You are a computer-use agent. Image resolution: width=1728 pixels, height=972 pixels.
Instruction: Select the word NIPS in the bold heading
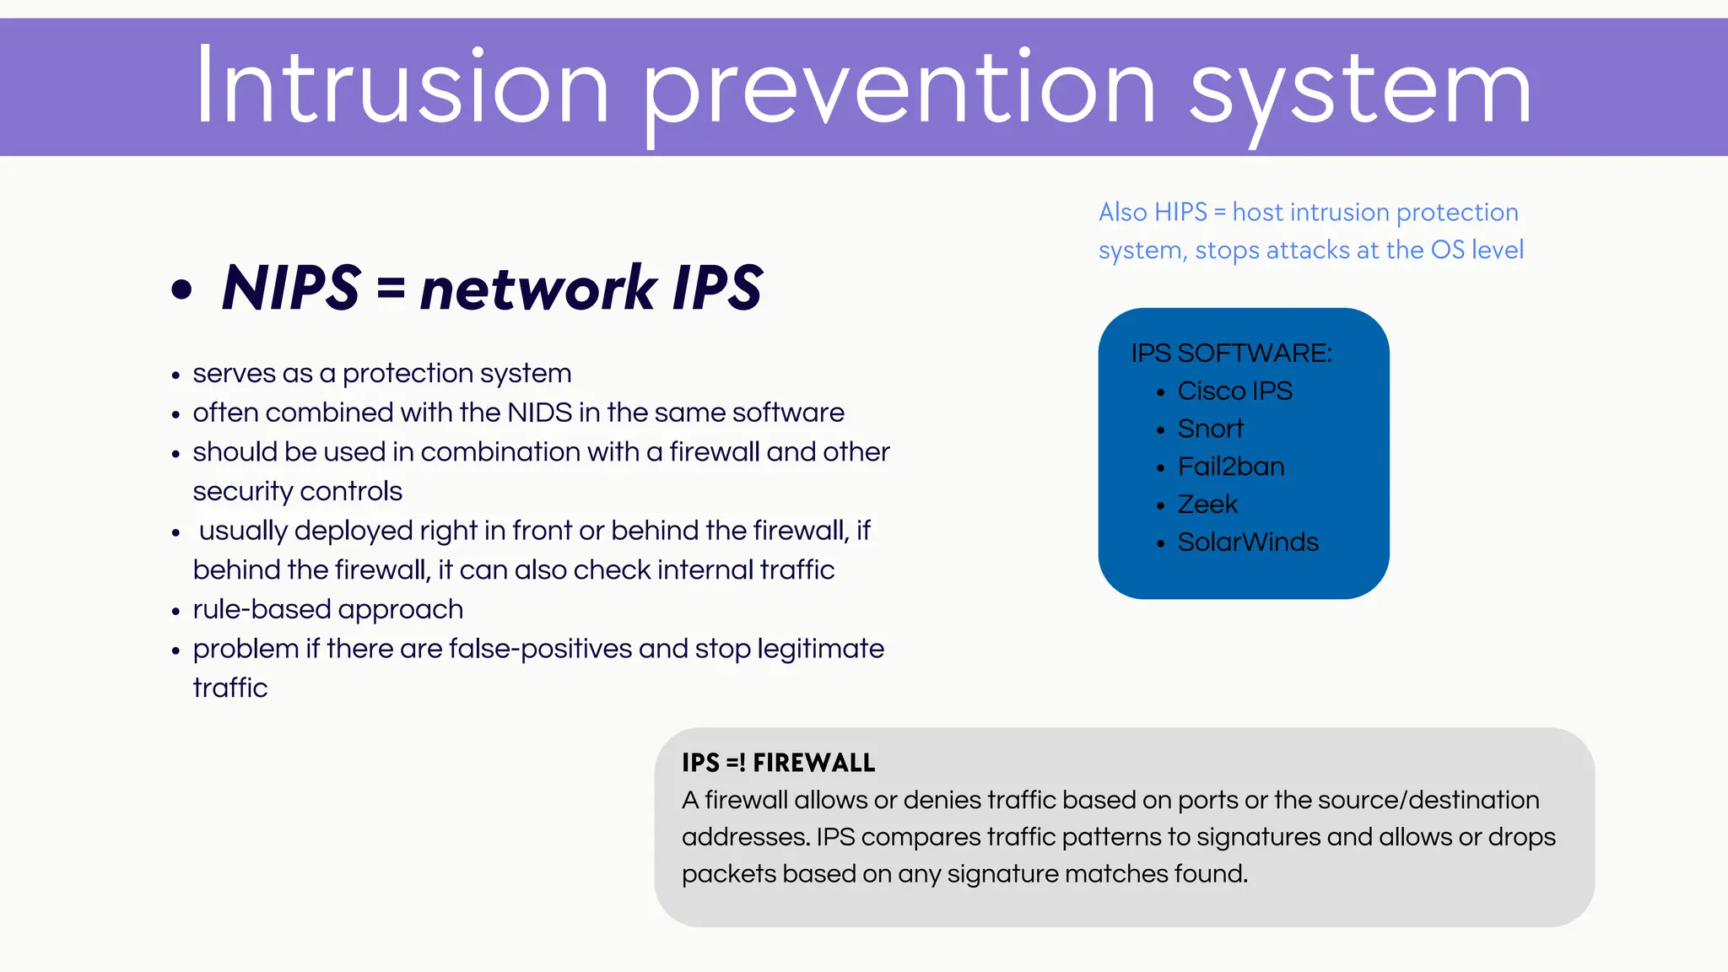[291, 288]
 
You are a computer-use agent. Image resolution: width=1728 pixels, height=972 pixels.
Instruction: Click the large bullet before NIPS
[181, 289]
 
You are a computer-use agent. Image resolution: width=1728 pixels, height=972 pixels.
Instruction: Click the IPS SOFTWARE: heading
[1231, 353]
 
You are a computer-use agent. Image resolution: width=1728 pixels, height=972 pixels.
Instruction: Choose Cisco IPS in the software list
[1234, 391]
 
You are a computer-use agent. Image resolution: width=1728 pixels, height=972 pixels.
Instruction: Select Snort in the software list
[1210, 429]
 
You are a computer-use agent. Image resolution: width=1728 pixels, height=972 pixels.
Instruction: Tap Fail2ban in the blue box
[1230, 467]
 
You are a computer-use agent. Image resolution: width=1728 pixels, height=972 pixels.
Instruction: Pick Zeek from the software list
[1207, 505]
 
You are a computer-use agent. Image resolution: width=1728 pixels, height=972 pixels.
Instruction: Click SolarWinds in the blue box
[1247, 543]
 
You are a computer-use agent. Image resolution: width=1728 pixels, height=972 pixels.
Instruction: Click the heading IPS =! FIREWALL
[778, 763]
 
